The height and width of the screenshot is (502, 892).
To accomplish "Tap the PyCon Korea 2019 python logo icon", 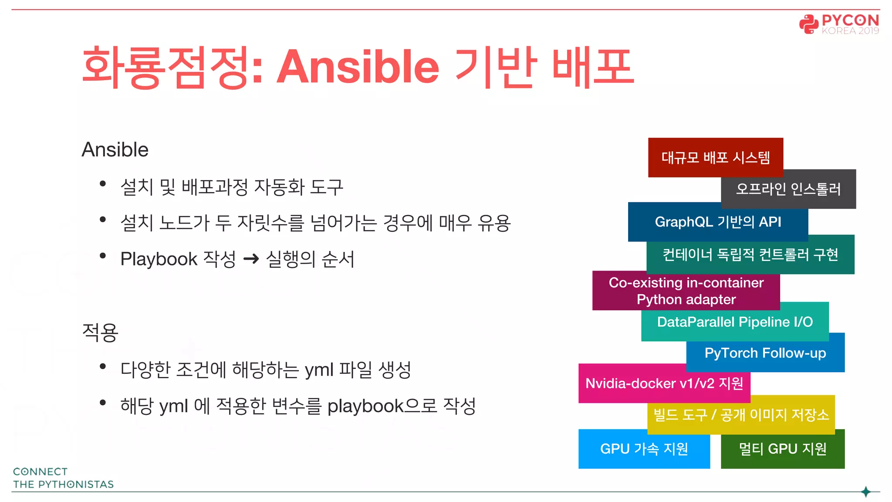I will (x=808, y=24).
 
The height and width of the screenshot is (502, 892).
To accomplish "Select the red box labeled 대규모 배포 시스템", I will (x=715, y=157).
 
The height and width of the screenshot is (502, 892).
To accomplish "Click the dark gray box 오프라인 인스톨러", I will (x=788, y=189).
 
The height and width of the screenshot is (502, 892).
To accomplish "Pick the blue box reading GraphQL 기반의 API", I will (x=718, y=222).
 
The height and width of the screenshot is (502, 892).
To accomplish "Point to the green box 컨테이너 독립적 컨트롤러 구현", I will (x=750, y=254).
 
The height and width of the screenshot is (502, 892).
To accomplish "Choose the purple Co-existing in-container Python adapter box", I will (x=686, y=291).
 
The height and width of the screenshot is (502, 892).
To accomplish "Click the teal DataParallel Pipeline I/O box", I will (x=735, y=322).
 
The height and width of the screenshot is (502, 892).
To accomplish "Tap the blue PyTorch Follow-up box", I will (x=765, y=353).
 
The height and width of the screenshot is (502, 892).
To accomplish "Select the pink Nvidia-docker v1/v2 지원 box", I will (x=664, y=383).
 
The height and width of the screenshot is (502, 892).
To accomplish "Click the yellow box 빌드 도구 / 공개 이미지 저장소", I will (x=741, y=414).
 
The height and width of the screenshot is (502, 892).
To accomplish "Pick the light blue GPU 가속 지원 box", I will (x=644, y=449).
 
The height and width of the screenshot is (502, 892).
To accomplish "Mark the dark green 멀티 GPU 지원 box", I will (x=783, y=449).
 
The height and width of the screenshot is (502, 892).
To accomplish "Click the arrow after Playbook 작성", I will (x=251, y=260).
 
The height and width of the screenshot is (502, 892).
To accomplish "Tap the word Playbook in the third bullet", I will (x=159, y=259).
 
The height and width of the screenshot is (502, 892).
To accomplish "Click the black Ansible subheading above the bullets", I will (x=115, y=149).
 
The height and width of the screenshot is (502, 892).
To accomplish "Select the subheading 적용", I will (x=100, y=332).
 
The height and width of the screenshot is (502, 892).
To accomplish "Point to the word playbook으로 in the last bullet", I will (x=382, y=406).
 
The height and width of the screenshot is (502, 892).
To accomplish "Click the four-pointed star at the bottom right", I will (x=866, y=492).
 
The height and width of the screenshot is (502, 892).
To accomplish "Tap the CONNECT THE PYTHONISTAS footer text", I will (x=63, y=478).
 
